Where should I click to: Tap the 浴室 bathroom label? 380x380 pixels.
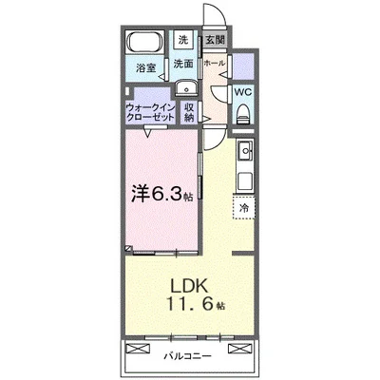coord(145,69)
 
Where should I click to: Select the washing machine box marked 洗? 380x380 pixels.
coord(184,41)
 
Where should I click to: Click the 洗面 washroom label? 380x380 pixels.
coord(183,65)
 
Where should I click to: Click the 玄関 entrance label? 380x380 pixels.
coord(215,41)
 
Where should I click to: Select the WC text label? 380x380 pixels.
coord(242,93)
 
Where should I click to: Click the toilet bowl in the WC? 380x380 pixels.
coord(243,113)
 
